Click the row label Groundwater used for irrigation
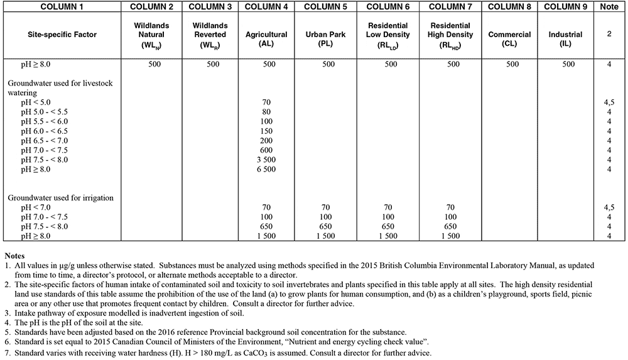(60, 198)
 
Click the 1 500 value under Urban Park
(328, 236)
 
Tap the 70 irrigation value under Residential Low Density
(391, 207)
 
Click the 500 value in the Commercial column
(512, 64)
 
